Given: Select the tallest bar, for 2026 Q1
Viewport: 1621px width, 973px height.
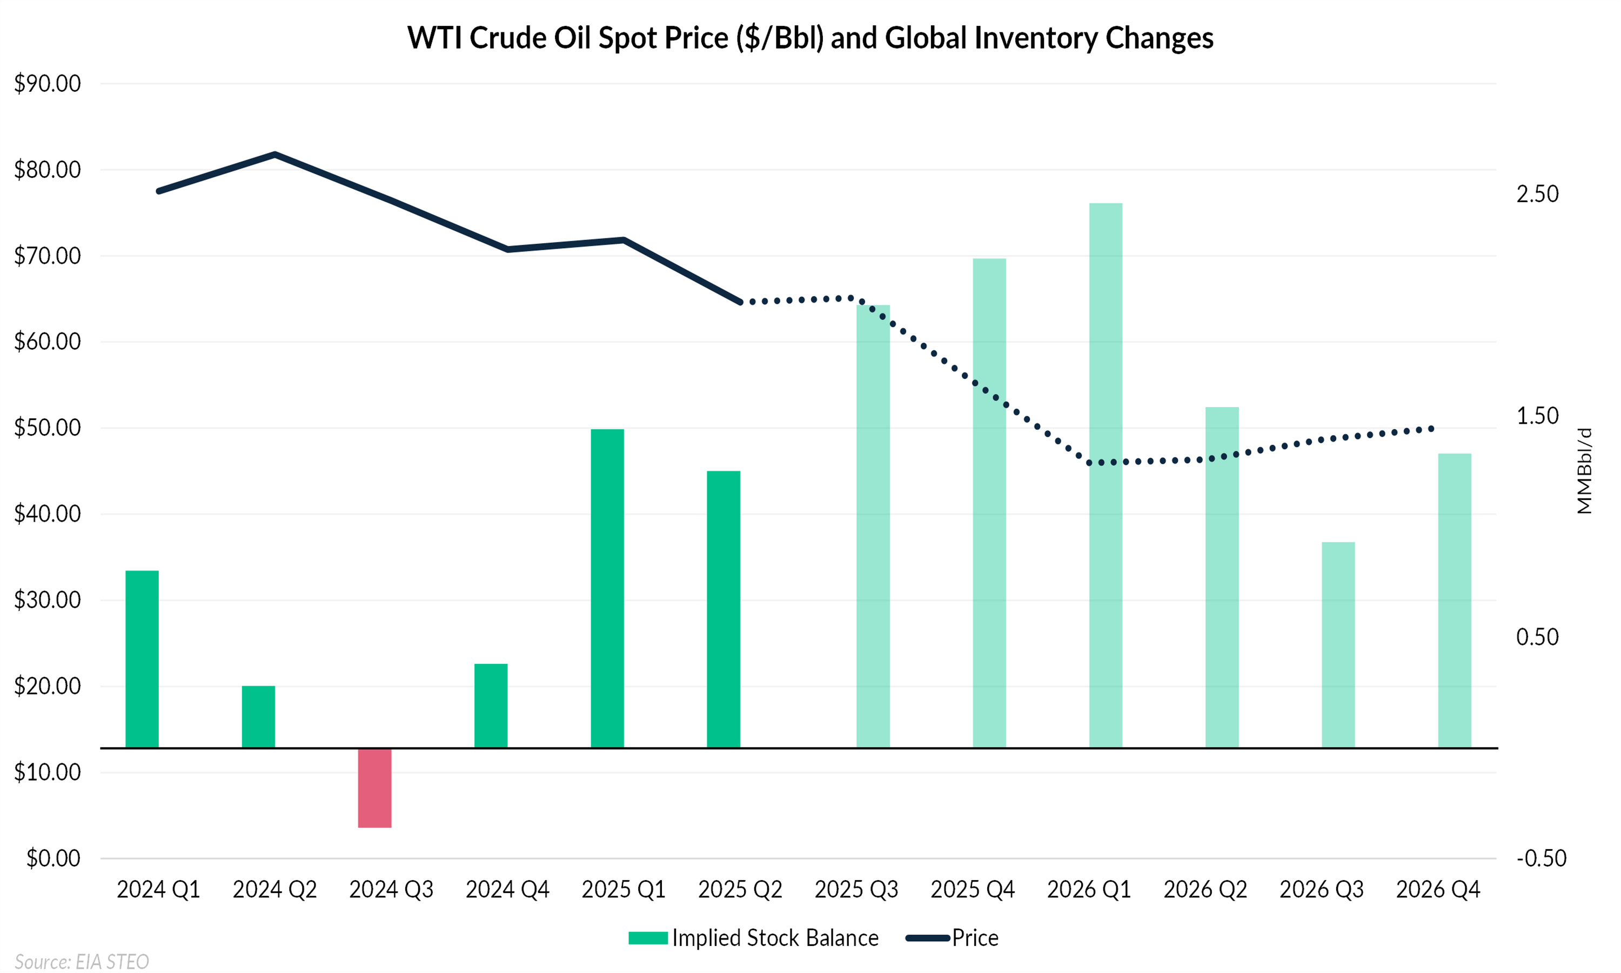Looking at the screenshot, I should pyautogui.click(x=1106, y=475).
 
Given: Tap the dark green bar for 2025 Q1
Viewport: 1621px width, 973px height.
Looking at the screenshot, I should pyautogui.click(x=607, y=588).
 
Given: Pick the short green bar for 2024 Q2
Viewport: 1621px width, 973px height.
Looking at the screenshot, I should pyautogui.click(x=258, y=717).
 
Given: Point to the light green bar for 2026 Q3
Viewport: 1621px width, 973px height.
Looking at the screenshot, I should pyautogui.click(x=1338, y=644).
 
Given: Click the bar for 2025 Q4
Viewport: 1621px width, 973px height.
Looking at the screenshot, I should pyautogui.click(x=989, y=503).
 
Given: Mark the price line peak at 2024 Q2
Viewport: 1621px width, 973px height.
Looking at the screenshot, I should pyautogui.click(x=275, y=155).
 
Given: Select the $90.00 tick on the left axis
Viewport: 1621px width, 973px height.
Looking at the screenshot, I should pyautogui.click(x=47, y=83).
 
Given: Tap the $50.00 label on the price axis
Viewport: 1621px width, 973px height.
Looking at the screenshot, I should pyautogui.click(x=47, y=428).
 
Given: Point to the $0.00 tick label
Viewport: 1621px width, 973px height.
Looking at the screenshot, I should pyautogui.click(x=53, y=858).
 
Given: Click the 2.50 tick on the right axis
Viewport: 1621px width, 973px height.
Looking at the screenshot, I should pyautogui.click(x=1537, y=194).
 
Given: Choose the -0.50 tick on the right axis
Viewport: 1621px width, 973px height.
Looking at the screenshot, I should pyautogui.click(x=1541, y=858).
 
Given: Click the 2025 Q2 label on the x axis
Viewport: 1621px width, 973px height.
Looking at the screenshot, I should pyautogui.click(x=740, y=890).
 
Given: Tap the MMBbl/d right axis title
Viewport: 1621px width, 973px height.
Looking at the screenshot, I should pyautogui.click(x=1584, y=471).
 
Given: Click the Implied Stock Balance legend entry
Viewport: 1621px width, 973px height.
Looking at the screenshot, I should pyautogui.click(x=754, y=938).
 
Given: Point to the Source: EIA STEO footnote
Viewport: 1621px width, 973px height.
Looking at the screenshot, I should pyautogui.click(x=82, y=961).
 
